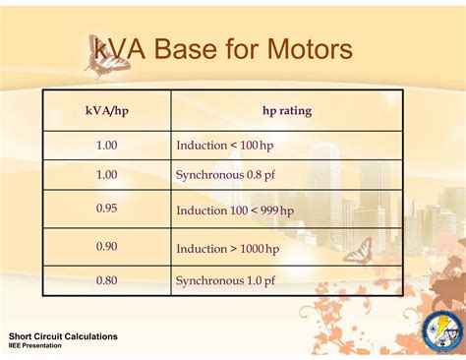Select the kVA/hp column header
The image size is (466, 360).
click(107, 111)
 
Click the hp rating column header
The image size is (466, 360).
click(287, 111)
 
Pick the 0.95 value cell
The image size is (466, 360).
click(107, 209)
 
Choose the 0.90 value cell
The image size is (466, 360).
click(107, 246)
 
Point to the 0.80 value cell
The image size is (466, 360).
click(107, 280)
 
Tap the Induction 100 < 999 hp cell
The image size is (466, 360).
click(235, 210)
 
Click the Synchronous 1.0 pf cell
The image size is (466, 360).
click(230, 280)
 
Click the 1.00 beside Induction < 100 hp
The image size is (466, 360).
click(107, 146)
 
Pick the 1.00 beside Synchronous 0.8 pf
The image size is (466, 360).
click(107, 175)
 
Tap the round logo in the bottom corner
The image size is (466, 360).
click(441, 331)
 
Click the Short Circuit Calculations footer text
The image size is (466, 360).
click(63, 336)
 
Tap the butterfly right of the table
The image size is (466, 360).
click(359, 250)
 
